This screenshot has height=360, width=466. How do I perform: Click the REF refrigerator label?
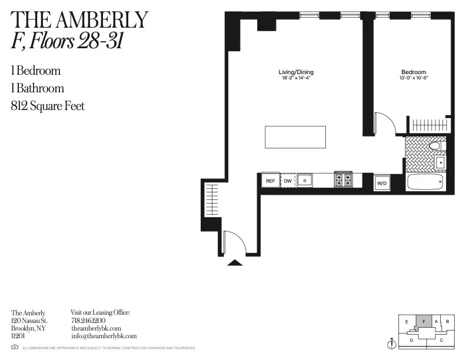271,181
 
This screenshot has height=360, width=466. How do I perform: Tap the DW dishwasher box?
288,181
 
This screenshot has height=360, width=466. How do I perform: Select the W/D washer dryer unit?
382,184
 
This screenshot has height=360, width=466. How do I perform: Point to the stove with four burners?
344,180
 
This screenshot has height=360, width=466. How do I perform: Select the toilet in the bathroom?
436,145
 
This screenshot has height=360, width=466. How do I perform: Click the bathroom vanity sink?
440,161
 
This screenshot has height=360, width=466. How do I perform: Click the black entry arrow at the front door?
235,262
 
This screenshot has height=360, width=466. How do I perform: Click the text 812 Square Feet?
47,106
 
